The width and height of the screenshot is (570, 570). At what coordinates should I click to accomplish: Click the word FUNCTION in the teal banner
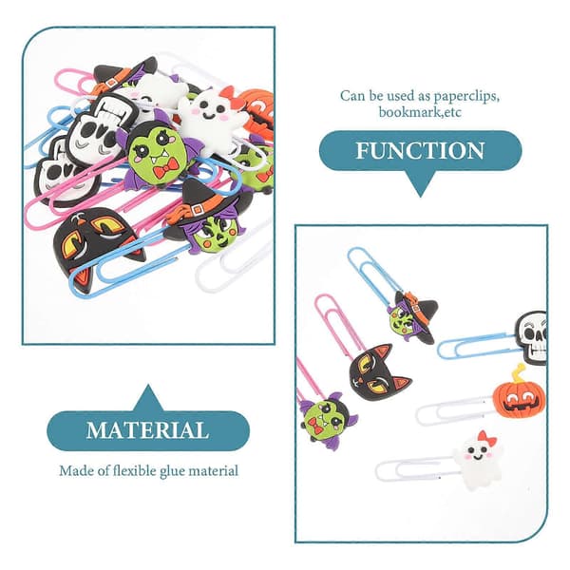pyautogui.click(x=420, y=150)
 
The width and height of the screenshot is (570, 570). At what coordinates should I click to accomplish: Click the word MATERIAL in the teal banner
pyautogui.click(x=147, y=430)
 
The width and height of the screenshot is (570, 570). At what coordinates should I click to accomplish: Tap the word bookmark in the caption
pyautogui.click(x=408, y=111)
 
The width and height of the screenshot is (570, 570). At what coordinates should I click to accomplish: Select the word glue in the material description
pyautogui.click(x=172, y=471)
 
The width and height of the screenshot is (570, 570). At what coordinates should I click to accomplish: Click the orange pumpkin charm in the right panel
pyautogui.click(x=520, y=398)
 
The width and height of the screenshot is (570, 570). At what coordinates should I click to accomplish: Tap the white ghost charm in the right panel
pyautogui.click(x=479, y=460)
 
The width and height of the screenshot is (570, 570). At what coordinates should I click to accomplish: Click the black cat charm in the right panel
pyautogui.click(x=377, y=371)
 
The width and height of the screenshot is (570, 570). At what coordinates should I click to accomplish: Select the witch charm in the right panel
pyautogui.click(x=413, y=317)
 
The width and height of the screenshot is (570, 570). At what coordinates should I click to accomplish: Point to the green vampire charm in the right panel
pyautogui.click(x=328, y=420)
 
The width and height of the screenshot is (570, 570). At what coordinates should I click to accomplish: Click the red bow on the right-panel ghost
pyautogui.click(x=487, y=438)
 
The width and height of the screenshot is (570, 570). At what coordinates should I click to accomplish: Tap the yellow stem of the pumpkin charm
pyautogui.click(x=519, y=373)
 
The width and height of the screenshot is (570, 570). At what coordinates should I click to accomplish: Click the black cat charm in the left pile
pyautogui.click(x=96, y=241)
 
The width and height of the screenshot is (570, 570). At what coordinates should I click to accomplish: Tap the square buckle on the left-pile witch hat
pyautogui.click(x=197, y=210)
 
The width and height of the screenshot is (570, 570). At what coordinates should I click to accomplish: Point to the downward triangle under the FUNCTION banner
pyautogui.click(x=421, y=183)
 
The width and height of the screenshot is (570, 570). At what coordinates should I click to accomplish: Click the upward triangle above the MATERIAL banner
pyautogui.click(x=148, y=398)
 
